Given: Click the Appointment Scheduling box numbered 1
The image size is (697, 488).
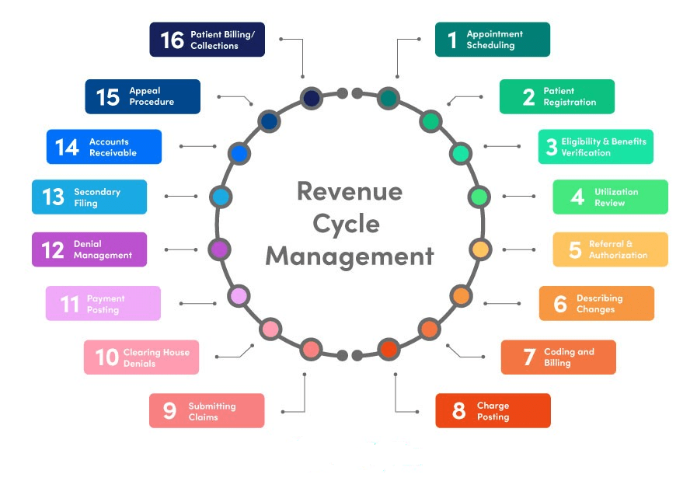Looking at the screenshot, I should coord(492,40).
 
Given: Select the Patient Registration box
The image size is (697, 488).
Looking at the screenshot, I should coord(556,96).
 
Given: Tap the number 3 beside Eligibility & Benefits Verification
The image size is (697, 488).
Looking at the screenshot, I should coord(552,147).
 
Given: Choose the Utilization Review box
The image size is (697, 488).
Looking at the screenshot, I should coord(610,197).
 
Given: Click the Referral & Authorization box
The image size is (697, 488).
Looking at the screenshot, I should coord(610,249).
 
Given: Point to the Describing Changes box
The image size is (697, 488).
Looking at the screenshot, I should coord(596,303).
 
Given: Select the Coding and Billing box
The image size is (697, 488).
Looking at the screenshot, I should coord(558,357).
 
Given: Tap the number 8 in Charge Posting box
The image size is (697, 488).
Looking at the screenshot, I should coord(458,411).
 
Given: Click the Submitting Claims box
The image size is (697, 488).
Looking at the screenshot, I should coord(207,410).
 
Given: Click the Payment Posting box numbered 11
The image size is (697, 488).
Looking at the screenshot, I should coord(103,303).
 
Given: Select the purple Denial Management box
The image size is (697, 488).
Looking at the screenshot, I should coord(89,249).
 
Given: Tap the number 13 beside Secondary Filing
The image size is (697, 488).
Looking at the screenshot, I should coord(53,197).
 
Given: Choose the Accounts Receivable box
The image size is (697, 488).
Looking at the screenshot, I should coord(103,147).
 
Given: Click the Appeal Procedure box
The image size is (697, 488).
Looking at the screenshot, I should coord(142,96).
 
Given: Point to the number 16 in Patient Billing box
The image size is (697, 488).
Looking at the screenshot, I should coord(172,40).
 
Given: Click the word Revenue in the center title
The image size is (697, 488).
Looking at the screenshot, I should coord(350,191).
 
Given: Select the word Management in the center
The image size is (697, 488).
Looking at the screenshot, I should coord(350,256).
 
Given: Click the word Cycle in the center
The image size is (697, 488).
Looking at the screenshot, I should coord(347,224).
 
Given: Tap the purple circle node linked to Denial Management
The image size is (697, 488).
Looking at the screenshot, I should coord(220,249).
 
